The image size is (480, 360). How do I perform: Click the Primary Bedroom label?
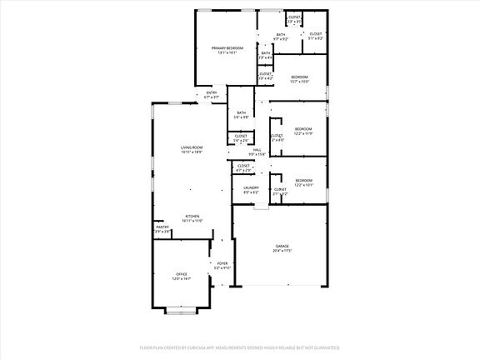pyautogui.click(x=226, y=49)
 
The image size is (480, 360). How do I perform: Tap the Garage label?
pyautogui.click(x=282, y=246)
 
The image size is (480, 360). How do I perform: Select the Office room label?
pyautogui.click(x=182, y=274)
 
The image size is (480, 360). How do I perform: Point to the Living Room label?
pyautogui.click(x=192, y=147)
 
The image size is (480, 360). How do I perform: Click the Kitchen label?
pyautogui.click(x=192, y=217)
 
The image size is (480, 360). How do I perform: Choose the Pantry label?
pyautogui.click(x=162, y=227)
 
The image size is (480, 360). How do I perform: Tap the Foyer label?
pyautogui.click(x=222, y=263)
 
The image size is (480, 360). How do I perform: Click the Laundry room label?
pyautogui.click(x=251, y=187)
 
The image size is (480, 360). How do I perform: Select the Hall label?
pyautogui.click(x=257, y=150)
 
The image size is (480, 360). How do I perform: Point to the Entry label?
pyautogui.click(x=212, y=92)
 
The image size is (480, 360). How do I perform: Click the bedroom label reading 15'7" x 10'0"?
pyautogui.click(x=299, y=77)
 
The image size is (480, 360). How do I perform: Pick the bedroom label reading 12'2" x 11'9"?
pyautogui.click(x=303, y=129)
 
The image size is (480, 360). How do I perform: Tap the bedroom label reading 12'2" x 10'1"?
pyautogui.click(x=303, y=181)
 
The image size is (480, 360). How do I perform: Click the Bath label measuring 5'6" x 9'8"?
pyautogui.click(x=241, y=113)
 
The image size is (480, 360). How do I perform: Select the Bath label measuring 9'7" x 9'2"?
pyautogui.click(x=281, y=34)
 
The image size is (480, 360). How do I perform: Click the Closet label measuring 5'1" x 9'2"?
pyautogui.click(x=316, y=34)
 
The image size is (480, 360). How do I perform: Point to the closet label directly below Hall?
pyautogui.click(x=244, y=166)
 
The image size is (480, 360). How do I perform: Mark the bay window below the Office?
pyautogui.click(x=182, y=311)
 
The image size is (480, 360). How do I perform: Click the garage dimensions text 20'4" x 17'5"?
pyautogui.click(x=282, y=251)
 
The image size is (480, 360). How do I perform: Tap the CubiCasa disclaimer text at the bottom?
pyautogui.click(x=240, y=347)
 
